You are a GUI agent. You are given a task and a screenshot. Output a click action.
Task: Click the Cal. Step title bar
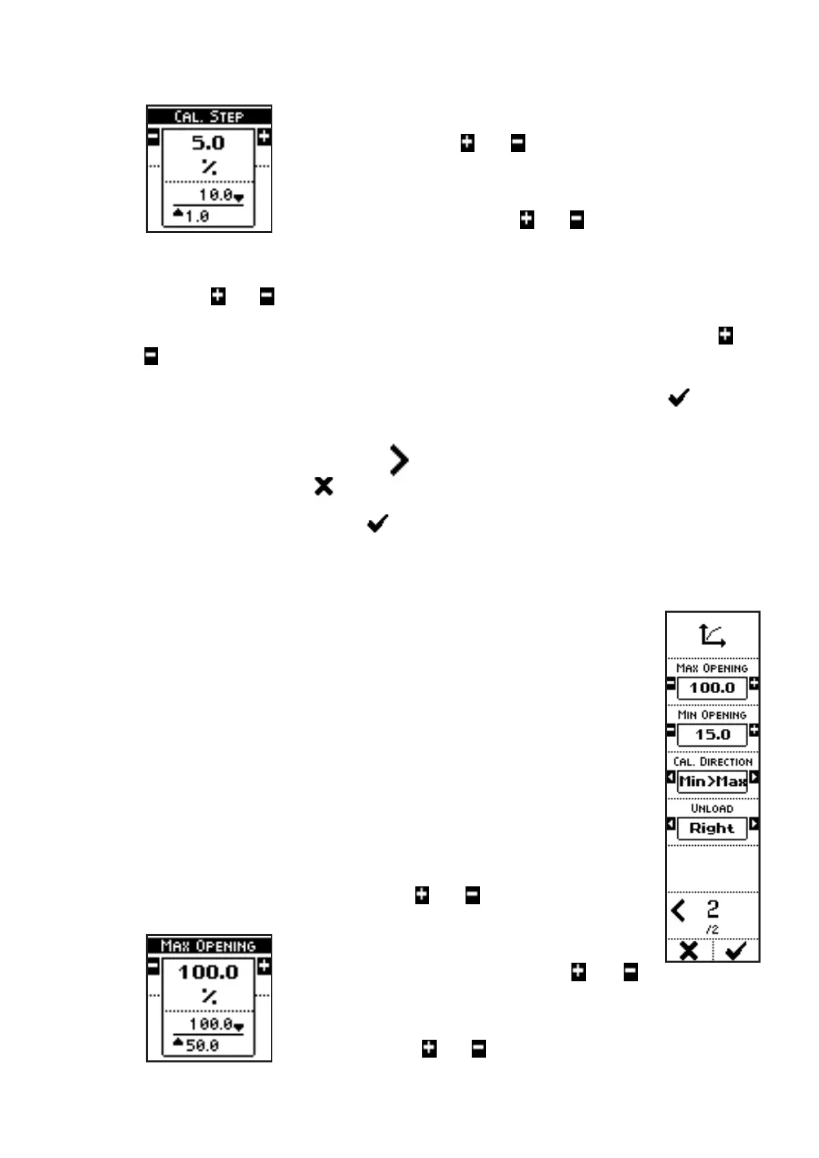[208, 116]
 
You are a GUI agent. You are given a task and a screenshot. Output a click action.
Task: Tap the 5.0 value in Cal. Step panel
[208, 143]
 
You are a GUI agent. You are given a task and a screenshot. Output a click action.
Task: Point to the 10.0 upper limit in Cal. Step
[216, 195]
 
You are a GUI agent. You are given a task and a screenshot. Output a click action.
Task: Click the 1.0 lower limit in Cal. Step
[197, 216]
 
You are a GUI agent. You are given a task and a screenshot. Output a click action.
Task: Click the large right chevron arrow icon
[399, 460]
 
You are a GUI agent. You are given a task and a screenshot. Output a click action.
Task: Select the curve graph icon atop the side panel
[712, 635]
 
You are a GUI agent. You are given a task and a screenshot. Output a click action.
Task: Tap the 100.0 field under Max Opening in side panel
[712, 688]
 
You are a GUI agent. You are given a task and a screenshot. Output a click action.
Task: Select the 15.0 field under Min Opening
[712, 734]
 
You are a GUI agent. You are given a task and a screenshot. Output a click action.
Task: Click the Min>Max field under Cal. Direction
[712, 781]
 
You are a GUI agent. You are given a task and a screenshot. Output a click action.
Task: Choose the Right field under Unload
[712, 828]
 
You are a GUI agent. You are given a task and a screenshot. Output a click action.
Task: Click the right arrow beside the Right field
[754, 824]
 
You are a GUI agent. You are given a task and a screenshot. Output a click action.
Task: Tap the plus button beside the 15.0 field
[754, 730]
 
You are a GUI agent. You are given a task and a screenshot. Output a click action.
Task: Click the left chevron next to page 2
[678, 910]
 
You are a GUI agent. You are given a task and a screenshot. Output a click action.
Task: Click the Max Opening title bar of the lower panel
[208, 946]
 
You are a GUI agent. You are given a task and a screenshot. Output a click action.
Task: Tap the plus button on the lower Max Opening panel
[264, 966]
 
